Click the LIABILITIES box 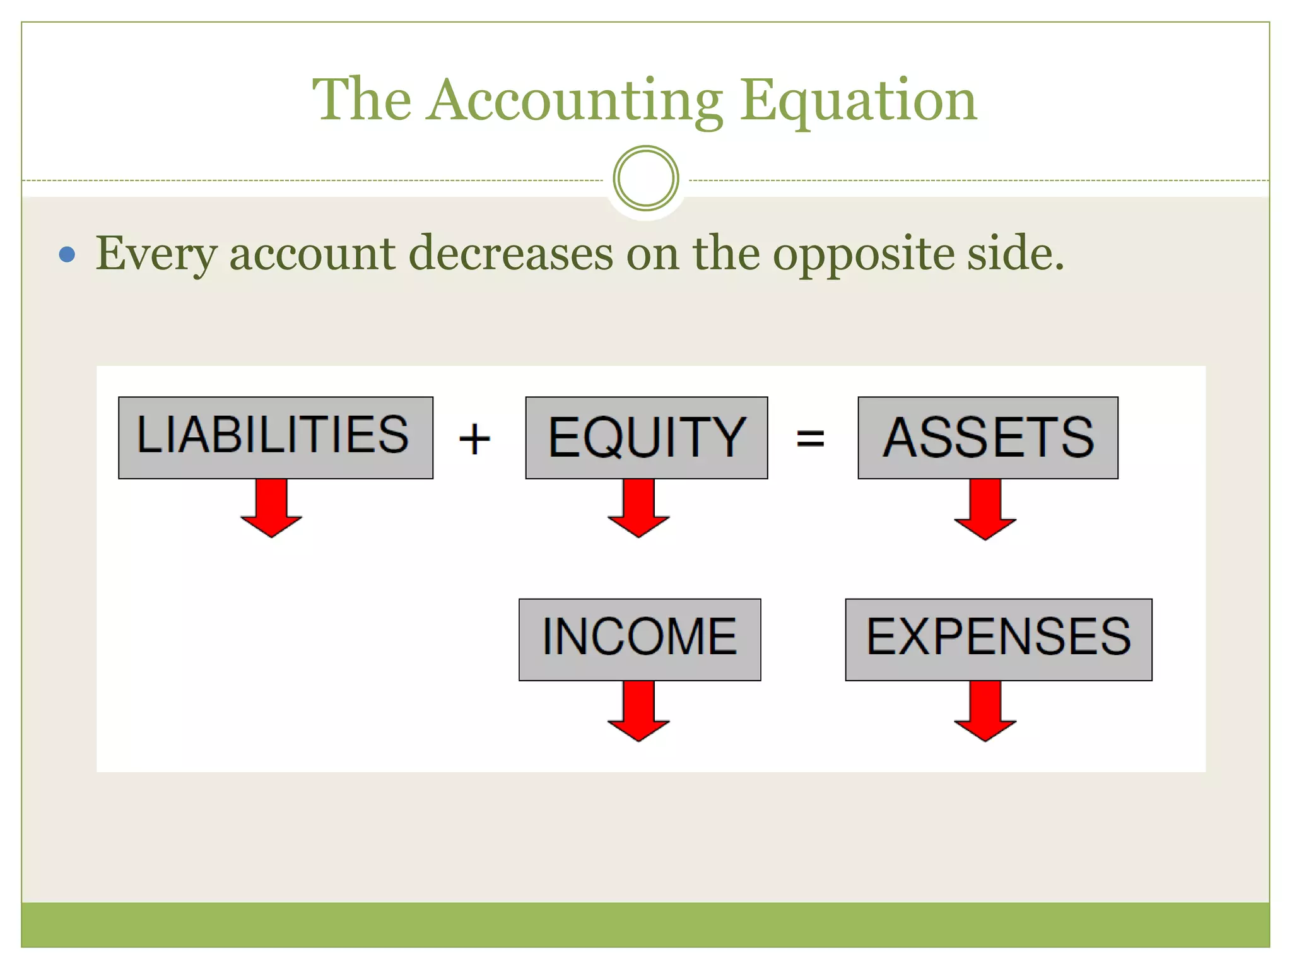[x=275, y=437]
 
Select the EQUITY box [x=646, y=437]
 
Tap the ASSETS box [x=987, y=437]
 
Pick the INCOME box [x=639, y=639]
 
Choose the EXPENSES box [x=998, y=639]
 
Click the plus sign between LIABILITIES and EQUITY [x=474, y=439]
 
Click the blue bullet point [x=67, y=255]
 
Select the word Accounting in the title [x=574, y=101]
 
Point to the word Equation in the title [x=858, y=101]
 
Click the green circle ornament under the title [x=645, y=179]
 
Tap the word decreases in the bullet [x=511, y=254]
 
